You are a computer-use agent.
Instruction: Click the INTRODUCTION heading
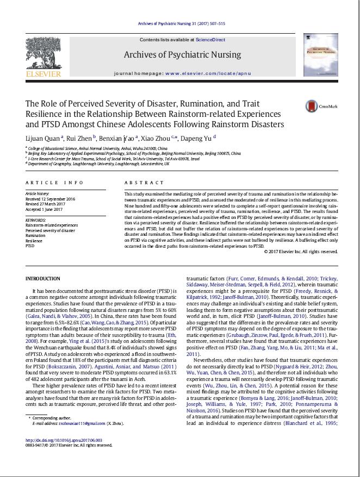44,279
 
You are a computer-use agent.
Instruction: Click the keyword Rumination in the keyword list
36,235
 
